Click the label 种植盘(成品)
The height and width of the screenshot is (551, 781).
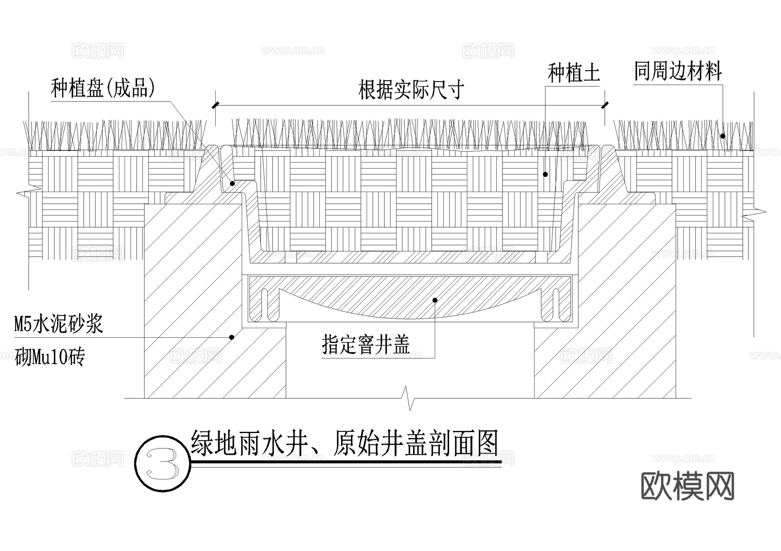click(x=103, y=88)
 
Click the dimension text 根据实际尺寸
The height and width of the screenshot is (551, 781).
click(x=411, y=90)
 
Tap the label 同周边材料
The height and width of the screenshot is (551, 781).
click(x=678, y=72)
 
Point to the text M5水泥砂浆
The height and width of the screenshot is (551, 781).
click(x=58, y=324)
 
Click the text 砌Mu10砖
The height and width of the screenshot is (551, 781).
click(x=49, y=358)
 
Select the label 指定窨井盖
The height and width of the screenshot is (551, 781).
click(x=366, y=345)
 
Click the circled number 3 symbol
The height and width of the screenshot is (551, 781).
click(x=162, y=463)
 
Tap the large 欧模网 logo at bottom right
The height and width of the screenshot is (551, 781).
click(x=687, y=486)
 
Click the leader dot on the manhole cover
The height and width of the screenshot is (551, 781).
click(x=435, y=300)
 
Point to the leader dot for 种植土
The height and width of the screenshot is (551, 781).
click(x=545, y=174)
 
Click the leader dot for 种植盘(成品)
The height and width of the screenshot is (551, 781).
click(x=232, y=184)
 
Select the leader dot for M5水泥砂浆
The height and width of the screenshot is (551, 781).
click(x=232, y=337)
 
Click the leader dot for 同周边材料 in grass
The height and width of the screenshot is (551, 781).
click(x=723, y=136)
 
